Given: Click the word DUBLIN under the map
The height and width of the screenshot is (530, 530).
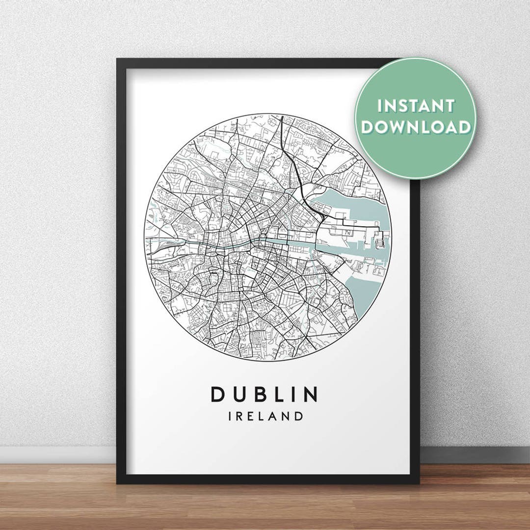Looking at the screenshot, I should pyautogui.click(x=265, y=394).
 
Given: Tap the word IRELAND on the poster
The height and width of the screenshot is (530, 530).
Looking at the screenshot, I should pyautogui.click(x=265, y=417).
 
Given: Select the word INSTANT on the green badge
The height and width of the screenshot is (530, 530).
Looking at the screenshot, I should pyautogui.click(x=416, y=106).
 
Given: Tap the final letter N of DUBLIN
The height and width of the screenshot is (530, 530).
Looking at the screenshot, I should pyautogui.click(x=311, y=394).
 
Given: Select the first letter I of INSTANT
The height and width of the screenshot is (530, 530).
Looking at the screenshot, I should pyautogui.click(x=379, y=106).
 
